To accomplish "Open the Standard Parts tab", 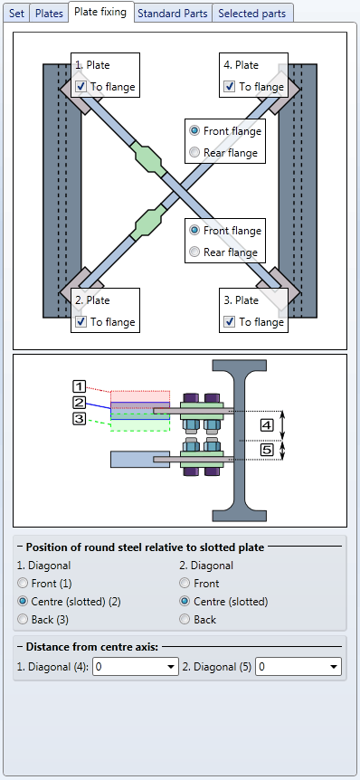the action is click(172, 14).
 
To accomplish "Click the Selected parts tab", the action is click(252, 14).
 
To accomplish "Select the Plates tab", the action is click(49, 14).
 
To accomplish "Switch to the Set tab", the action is click(16, 14).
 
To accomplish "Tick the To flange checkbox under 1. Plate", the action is click(81, 87).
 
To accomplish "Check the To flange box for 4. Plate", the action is click(229, 87).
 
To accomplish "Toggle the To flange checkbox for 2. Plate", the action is click(81, 322).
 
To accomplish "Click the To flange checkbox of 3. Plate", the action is click(229, 322).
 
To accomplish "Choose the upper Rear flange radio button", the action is click(194, 153).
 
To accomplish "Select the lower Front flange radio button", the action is click(194, 231).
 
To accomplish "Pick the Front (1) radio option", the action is click(23, 584).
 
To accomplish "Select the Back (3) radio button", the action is click(23, 620).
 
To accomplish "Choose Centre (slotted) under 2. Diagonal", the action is click(185, 602).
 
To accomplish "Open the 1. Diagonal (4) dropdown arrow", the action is click(171, 667).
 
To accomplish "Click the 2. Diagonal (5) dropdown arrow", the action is click(334, 667).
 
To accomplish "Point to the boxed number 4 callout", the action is click(267, 425).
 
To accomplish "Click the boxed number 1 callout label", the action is click(80, 386).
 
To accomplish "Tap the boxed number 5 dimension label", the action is click(267, 451).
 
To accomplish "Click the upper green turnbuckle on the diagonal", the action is click(149, 159).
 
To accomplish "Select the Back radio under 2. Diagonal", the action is click(185, 620).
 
